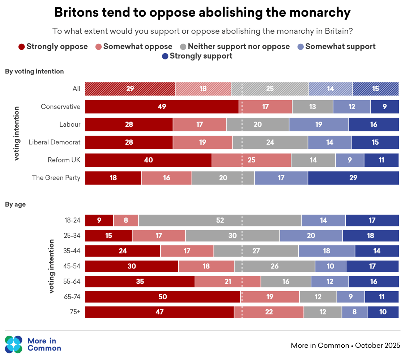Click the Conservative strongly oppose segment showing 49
tap(162, 107)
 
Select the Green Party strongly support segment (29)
tap(353, 178)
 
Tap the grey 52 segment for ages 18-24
tap(220, 220)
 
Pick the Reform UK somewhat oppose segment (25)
tap(251, 160)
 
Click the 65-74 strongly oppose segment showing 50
tap(163, 297)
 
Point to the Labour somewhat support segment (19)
tap(319, 124)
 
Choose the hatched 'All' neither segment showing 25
tap(270, 89)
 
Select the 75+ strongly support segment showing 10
tap(383, 312)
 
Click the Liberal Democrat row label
tap(55, 142)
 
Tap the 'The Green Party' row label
tap(56, 178)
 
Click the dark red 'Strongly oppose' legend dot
tap(22, 47)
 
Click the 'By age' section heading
tap(15, 204)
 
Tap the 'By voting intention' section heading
tap(34, 71)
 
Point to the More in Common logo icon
tap(14, 344)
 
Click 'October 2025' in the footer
tap(378, 345)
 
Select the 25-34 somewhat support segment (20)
tap(311, 236)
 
